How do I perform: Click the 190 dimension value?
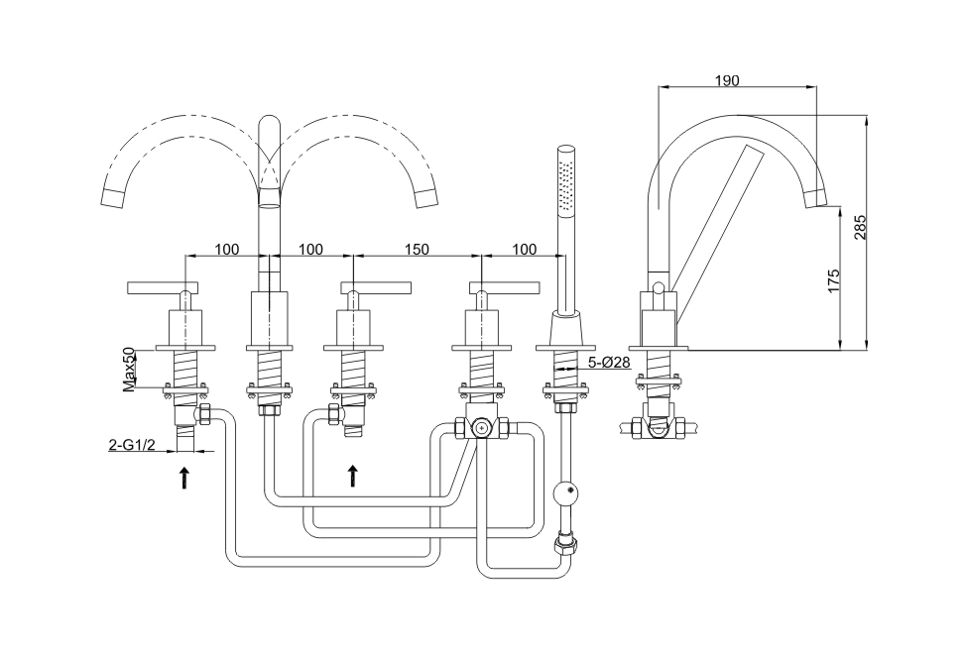pos(727,80)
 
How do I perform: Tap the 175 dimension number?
pos(834,278)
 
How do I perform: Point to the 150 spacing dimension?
pos(418,249)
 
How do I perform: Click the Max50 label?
pos(129,369)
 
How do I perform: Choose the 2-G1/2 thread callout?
pos(133,446)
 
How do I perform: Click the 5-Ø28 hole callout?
pos(608,363)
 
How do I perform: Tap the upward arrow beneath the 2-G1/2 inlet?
pos(183,479)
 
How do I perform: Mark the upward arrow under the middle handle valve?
pos(352,477)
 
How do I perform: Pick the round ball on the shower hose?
pos(564,490)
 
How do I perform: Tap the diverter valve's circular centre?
pos(480,429)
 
